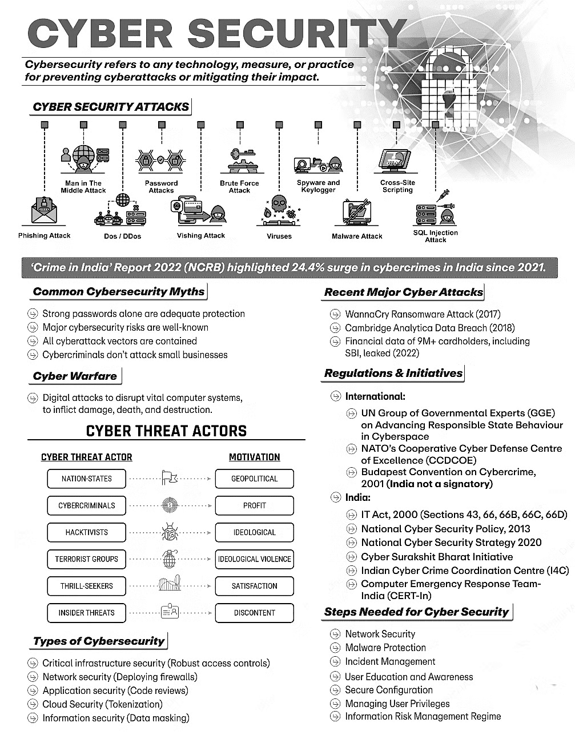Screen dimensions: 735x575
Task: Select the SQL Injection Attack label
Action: coord(435,236)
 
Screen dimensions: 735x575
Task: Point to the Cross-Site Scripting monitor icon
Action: coord(397,161)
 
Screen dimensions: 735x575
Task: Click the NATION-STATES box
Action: coord(86,479)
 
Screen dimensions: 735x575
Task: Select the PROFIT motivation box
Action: coord(254,505)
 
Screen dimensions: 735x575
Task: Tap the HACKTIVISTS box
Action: coord(86,532)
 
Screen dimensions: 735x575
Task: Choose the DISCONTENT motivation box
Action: coord(254,613)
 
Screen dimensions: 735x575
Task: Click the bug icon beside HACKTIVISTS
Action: coord(170,532)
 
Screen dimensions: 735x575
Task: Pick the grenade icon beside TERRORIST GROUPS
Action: coord(170,559)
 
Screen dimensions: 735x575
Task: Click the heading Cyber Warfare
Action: coord(75,376)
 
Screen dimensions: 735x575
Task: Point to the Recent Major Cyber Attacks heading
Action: coord(403,292)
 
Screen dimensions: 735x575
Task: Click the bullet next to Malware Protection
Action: coord(335,648)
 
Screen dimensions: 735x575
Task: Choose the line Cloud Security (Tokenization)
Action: coord(103,704)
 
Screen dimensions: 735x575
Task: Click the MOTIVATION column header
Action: coord(254,457)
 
